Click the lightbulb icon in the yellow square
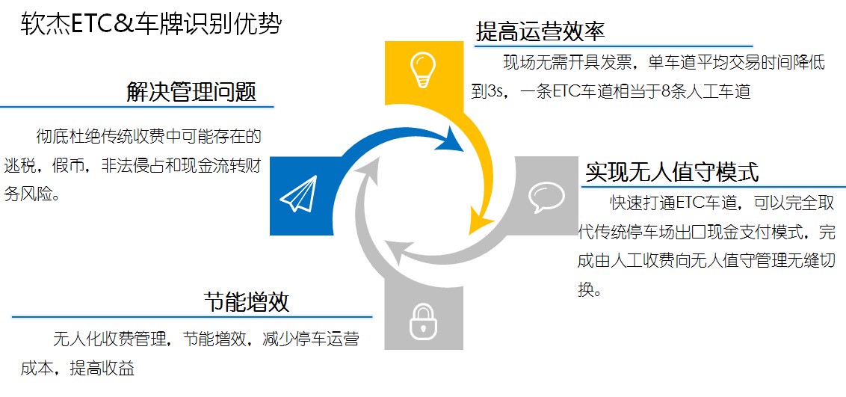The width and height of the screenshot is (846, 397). click(423, 69)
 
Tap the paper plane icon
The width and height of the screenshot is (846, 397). click(298, 194)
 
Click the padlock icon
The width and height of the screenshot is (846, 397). click(423, 322)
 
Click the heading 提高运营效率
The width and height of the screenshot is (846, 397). click(540, 32)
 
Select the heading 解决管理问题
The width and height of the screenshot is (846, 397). click(191, 92)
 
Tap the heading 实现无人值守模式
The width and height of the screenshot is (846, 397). click(673, 172)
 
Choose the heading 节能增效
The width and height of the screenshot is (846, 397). click(247, 302)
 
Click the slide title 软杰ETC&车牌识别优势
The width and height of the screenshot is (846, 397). click(151, 24)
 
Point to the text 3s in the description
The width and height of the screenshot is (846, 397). click(495, 92)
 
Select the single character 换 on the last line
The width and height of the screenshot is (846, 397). click(585, 290)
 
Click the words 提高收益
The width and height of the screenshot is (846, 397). click(102, 369)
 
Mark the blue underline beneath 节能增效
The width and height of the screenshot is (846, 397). click(192, 317)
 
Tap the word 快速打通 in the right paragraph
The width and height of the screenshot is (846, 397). click(643, 203)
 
